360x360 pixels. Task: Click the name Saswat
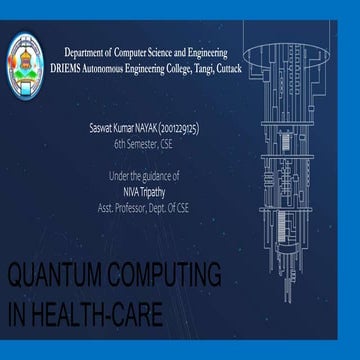[x=103, y=130]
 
